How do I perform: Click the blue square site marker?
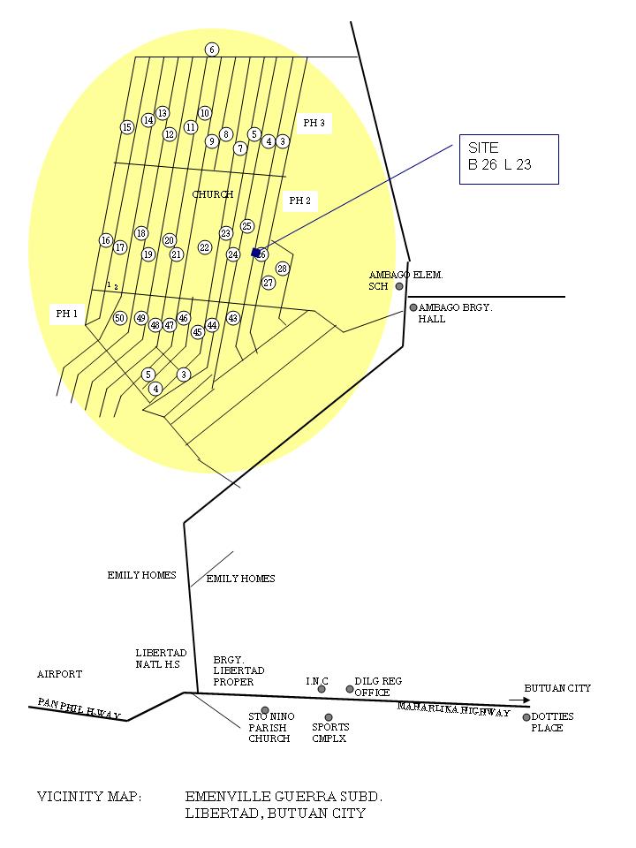(256, 253)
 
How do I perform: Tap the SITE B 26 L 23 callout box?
(509, 159)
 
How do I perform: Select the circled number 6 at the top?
(212, 49)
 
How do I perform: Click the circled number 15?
(127, 127)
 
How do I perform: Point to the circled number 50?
(120, 318)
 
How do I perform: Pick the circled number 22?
(205, 247)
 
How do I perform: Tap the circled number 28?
(283, 269)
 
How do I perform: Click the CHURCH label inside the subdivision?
(213, 194)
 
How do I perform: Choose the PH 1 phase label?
(67, 314)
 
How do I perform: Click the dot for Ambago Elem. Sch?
(399, 286)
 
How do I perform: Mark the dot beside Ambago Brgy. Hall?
(413, 307)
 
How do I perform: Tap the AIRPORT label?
(59, 674)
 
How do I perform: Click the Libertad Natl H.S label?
(161, 658)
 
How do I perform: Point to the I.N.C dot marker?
(322, 689)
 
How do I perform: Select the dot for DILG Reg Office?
(350, 689)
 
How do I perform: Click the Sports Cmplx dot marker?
(329, 717)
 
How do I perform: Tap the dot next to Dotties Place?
(526, 717)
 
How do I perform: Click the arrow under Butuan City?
(519, 700)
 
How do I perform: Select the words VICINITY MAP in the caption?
(88, 797)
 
